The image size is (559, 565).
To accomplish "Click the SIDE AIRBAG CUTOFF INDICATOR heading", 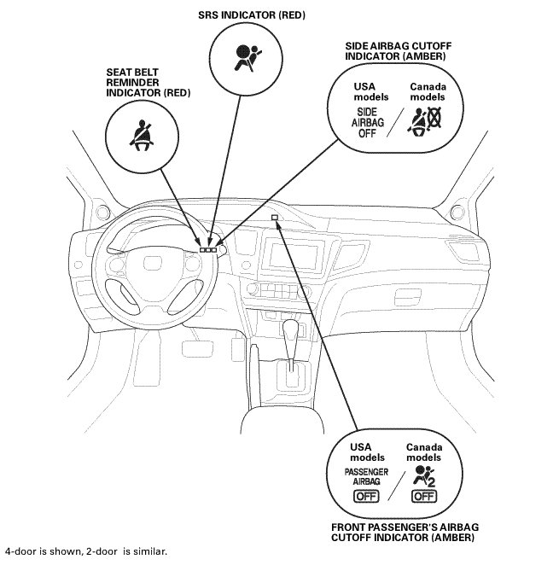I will coord(397,52).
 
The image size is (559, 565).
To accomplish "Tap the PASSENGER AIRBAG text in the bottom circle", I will coord(366,477).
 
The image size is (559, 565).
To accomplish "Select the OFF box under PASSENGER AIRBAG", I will coord(366,496).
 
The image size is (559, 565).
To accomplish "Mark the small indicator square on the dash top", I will coord(275,218).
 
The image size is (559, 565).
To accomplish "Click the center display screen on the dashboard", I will coord(293,257).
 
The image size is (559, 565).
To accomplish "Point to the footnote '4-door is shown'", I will coord(85,551).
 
